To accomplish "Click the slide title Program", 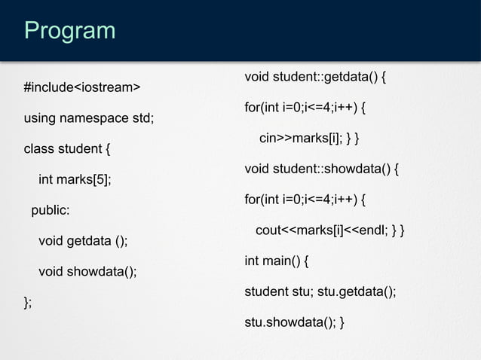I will click(69, 31).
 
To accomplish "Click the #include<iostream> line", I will click(82, 88).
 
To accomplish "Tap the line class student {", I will click(68, 148).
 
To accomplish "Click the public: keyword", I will click(50, 210).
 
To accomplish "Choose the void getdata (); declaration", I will click(83, 241).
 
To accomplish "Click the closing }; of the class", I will click(28, 302).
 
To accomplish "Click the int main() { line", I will click(276, 261).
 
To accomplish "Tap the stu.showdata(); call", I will click(289, 323).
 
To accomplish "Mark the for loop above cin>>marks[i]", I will click(305, 108).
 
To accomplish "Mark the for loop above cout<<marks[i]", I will click(305, 200).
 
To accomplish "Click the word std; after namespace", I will click(143, 118).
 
